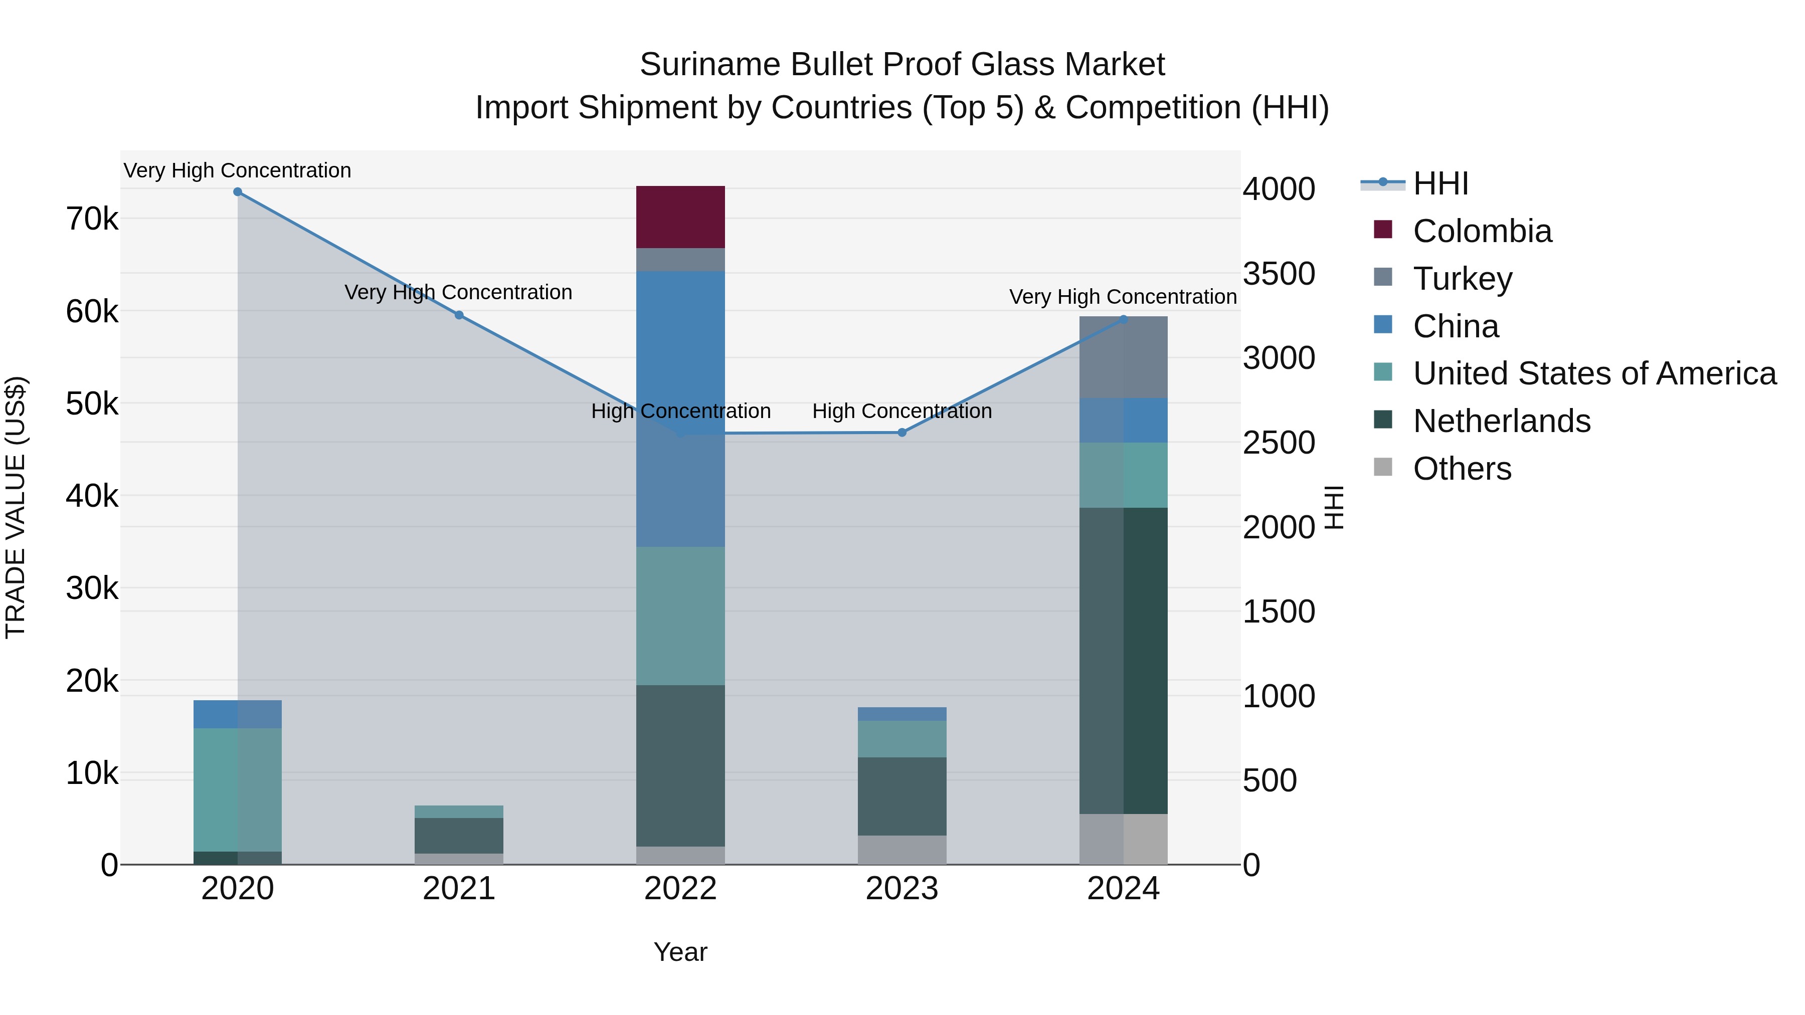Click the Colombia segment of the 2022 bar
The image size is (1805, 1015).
point(680,217)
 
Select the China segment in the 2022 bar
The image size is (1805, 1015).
point(680,409)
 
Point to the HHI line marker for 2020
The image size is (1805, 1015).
point(238,192)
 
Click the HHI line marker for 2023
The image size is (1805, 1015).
point(902,432)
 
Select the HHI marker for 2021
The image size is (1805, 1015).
point(459,315)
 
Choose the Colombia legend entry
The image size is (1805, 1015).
point(1481,231)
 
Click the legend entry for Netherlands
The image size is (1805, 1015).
point(1501,421)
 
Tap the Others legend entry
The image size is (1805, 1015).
point(1462,469)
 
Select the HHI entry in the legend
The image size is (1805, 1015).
point(1440,183)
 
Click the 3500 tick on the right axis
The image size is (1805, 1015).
point(1278,274)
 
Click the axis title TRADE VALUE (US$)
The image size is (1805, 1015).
point(16,507)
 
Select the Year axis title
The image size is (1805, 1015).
point(680,952)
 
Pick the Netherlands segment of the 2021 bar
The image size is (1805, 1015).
point(458,835)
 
